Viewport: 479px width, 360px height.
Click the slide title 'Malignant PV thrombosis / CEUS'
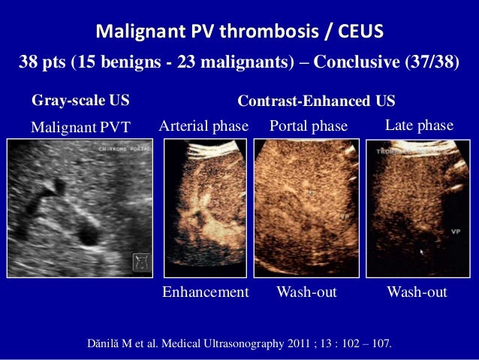pos(239,32)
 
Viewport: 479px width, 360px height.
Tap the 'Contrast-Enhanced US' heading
pos(316,101)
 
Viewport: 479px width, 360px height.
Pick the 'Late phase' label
pos(419,126)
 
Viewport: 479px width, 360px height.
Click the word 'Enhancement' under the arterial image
pos(205,292)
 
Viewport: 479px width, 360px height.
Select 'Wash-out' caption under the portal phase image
pos(307,292)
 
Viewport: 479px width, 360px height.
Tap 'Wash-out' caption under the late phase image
pos(417,292)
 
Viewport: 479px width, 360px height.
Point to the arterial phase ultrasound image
pos(204,208)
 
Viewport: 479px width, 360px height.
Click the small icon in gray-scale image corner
pos(139,262)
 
